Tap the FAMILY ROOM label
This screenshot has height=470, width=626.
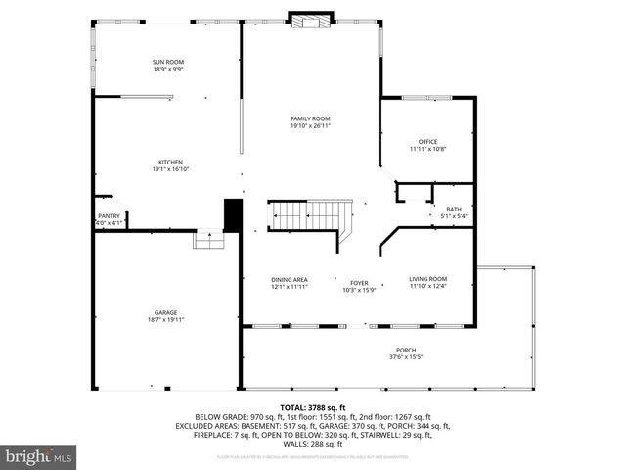pos(310,118)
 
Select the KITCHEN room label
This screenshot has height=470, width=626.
pos(170,163)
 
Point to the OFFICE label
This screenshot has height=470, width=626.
pos(426,142)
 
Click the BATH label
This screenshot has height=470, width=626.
pos(454,209)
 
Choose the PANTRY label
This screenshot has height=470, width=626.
pos(108,216)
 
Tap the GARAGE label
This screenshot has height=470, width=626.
pos(164,312)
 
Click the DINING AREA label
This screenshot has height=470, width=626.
pos(290,280)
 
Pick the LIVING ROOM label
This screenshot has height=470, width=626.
pos(427,280)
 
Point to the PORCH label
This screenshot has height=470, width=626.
pos(405,351)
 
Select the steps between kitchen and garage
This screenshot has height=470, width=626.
pos(208,240)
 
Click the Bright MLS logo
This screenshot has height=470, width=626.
pos(39,456)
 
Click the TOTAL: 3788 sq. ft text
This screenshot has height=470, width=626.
pos(313,407)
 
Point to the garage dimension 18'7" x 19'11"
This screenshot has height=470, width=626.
pos(164,320)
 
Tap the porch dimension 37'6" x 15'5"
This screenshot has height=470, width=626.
pos(405,357)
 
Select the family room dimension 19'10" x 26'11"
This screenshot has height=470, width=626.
pos(310,126)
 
